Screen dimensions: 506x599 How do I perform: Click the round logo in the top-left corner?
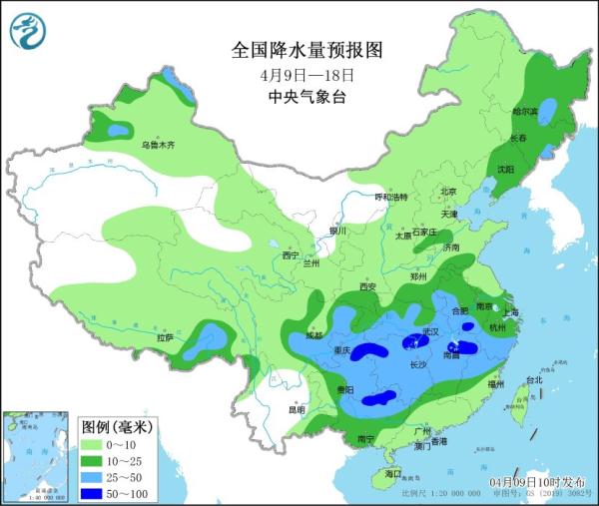tap(28, 31)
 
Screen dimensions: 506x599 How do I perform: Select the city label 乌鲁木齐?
tap(157, 146)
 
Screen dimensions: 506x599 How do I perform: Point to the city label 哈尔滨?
tap(525, 111)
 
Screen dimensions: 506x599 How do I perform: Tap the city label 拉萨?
tap(165, 338)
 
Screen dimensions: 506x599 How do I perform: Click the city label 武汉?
tap(430, 330)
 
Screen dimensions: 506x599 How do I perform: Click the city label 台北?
tap(533, 379)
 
